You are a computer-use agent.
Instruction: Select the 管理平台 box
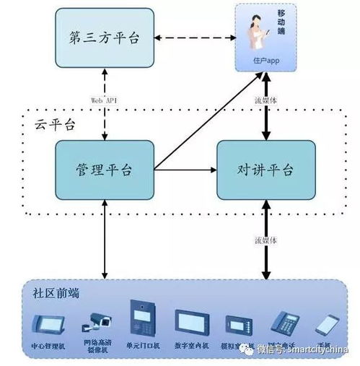coord(105,170)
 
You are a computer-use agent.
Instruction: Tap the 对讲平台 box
coord(265,170)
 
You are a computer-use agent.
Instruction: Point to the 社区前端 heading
coord(56,294)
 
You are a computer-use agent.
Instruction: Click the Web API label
coord(105,100)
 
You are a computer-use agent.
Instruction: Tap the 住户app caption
coord(265,61)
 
